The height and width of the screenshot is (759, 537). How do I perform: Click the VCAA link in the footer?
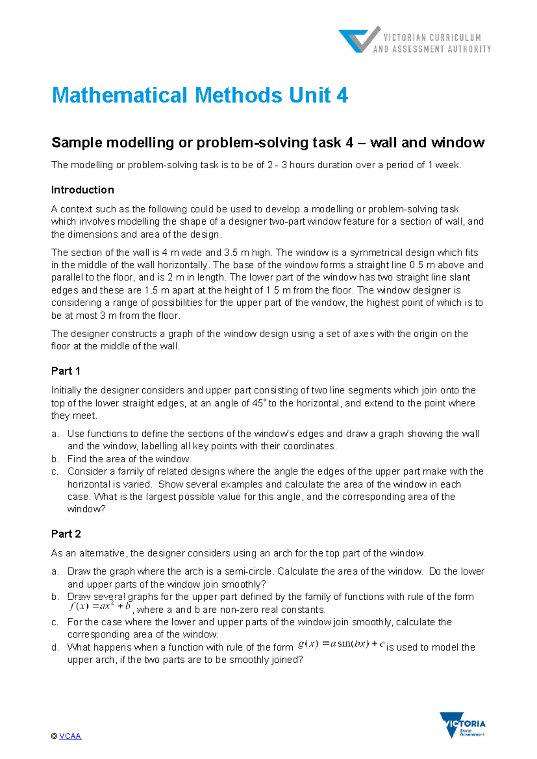(x=70, y=736)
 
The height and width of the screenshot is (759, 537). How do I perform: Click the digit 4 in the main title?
(x=342, y=95)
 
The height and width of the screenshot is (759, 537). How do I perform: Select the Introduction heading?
(x=82, y=190)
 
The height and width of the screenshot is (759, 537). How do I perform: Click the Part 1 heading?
(x=65, y=371)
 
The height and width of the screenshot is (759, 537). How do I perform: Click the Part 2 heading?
(x=66, y=533)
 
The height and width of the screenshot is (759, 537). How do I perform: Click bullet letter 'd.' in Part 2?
(x=55, y=647)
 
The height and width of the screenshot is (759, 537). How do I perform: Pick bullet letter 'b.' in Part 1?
(x=55, y=459)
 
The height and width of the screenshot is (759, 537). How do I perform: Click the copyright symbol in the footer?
(x=54, y=736)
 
